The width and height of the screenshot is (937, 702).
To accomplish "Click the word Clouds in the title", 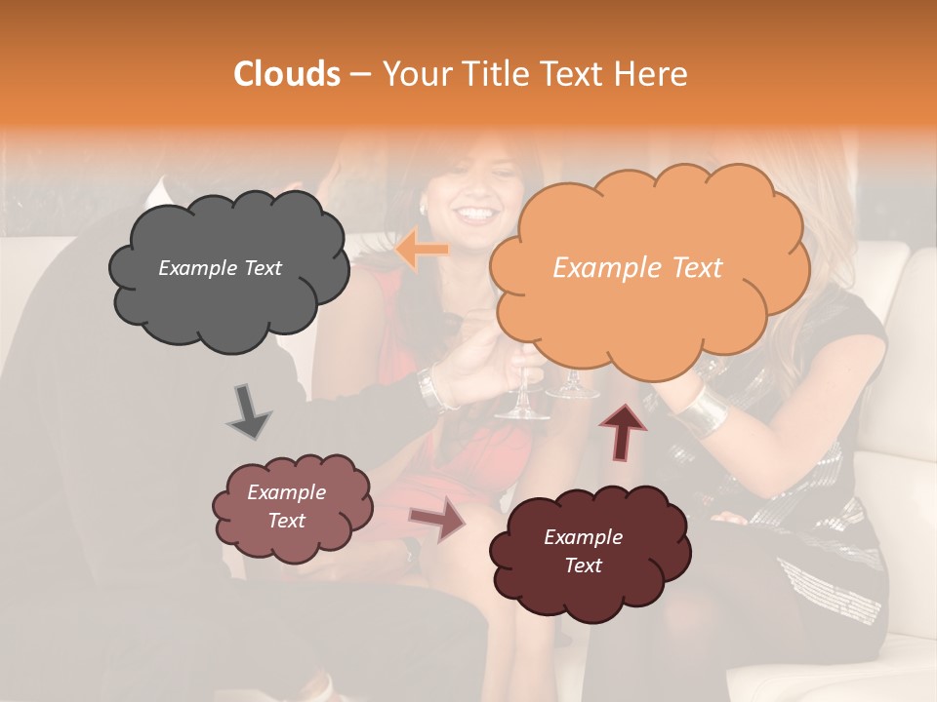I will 286,74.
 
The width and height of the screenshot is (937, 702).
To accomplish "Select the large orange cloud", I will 645,268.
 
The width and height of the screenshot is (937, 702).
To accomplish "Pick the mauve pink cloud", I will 291,507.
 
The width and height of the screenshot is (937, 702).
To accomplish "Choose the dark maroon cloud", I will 588,551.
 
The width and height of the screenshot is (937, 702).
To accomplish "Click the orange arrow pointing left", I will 423,251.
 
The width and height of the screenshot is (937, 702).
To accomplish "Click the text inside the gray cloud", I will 220,268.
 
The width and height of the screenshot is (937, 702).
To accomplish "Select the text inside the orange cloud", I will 637,268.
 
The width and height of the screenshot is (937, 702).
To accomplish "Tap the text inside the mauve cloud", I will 286,506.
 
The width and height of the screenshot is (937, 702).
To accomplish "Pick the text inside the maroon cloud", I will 583,551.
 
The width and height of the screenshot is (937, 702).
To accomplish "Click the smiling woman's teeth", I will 475,213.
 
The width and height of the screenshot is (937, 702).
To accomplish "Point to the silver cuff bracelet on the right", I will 702,411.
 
